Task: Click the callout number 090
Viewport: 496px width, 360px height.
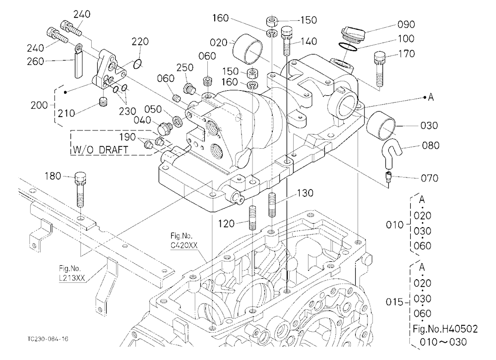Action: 406,24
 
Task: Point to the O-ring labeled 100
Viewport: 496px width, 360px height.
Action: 347,47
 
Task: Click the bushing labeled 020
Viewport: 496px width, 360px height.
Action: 248,49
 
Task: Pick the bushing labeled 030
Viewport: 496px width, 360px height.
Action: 380,125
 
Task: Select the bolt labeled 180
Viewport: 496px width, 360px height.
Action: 80,189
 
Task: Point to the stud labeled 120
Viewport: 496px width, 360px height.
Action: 252,218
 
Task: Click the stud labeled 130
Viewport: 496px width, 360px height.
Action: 272,205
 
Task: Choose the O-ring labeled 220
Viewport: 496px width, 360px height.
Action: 137,64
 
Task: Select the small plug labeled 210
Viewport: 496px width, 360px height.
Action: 104,102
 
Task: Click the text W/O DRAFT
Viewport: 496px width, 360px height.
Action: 100,149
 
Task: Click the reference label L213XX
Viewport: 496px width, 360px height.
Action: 72,278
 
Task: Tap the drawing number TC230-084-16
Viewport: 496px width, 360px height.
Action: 48,339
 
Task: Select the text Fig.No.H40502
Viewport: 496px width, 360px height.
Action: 445,329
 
